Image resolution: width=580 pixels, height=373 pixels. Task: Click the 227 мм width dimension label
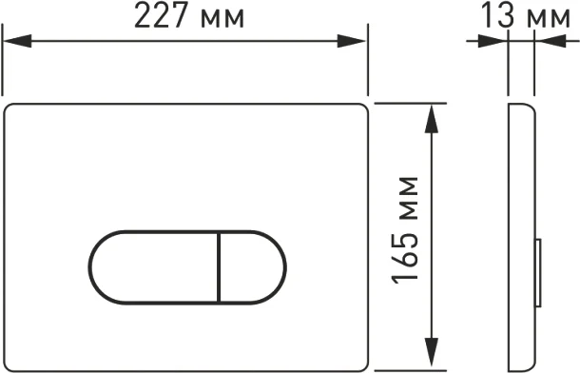(x=188, y=17)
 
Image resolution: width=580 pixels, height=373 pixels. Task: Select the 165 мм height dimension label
(x=406, y=230)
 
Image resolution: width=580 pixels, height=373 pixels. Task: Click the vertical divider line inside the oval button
(x=219, y=266)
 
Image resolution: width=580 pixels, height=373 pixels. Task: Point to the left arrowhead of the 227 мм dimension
(x=13, y=41)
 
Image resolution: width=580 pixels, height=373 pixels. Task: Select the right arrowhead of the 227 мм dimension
(x=356, y=41)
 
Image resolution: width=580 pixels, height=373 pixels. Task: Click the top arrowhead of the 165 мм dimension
(x=434, y=113)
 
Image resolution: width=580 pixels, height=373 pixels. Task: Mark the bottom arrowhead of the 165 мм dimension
(x=434, y=353)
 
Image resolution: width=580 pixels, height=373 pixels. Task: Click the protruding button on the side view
(x=539, y=271)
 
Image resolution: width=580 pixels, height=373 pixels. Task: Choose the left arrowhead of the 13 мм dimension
(x=498, y=41)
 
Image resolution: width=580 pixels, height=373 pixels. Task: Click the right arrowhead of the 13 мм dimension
(x=544, y=41)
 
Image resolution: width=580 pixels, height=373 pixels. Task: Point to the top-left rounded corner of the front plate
(x=11, y=108)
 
